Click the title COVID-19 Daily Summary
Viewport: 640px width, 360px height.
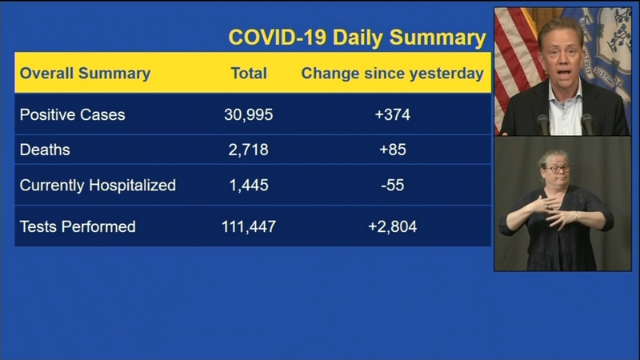pos(357,38)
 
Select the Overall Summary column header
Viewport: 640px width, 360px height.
pos(85,74)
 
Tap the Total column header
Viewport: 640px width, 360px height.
pos(249,74)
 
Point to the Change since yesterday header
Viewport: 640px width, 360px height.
pos(392,74)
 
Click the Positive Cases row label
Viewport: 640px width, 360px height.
pos(72,114)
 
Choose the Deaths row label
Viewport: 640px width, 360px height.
pos(45,150)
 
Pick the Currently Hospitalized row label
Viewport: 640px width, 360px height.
pos(98,186)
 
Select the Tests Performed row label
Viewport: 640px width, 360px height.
pos(78,226)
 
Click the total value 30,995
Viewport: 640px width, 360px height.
pos(249,114)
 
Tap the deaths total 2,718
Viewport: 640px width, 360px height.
pos(249,150)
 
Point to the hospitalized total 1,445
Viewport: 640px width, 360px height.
pos(249,186)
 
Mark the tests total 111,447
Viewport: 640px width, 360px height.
pos(249,226)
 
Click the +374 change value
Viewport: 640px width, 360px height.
pos(392,114)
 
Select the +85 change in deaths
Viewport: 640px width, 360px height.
pos(392,150)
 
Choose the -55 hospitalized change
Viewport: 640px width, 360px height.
pos(392,186)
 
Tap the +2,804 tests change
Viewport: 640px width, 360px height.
pos(392,226)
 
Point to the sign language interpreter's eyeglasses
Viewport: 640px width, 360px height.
pos(558,169)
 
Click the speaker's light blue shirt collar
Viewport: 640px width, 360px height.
pos(566,96)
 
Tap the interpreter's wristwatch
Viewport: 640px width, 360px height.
pos(576,215)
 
